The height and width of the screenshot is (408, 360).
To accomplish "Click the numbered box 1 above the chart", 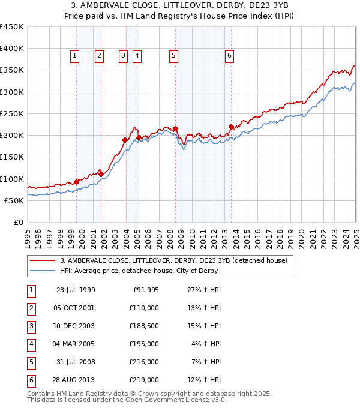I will click(74, 56).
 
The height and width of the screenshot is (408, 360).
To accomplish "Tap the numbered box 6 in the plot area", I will click(229, 56).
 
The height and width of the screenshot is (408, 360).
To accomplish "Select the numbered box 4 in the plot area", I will click(137, 56).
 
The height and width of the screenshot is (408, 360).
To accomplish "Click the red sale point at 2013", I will click(232, 127).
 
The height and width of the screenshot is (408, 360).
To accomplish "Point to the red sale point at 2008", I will click(176, 128).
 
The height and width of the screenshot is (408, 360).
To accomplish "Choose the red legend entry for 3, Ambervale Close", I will click(174, 260).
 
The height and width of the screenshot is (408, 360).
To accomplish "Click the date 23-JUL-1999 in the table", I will click(76, 290).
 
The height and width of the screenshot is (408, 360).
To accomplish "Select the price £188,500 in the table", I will click(145, 326).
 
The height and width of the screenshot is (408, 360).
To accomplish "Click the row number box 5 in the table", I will click(31, 362).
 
